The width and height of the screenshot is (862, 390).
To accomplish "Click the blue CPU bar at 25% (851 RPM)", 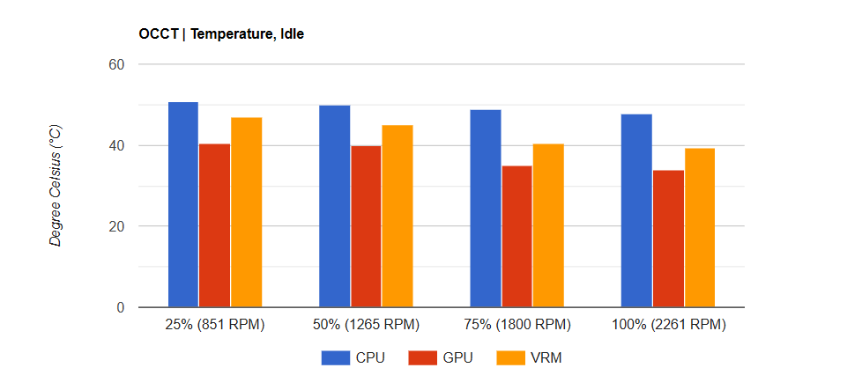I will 183,204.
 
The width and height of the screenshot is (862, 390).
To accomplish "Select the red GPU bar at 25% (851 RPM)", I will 215,225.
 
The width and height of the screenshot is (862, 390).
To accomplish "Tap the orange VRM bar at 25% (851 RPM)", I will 246,212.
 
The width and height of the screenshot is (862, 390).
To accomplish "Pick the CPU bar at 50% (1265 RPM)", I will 334,206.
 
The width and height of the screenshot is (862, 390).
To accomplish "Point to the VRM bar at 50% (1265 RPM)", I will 398,216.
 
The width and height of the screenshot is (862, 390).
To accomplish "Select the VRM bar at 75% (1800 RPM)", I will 548,225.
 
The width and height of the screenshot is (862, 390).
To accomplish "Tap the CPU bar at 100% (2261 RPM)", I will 636,210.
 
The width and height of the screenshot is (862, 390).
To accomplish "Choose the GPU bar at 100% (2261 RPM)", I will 668,239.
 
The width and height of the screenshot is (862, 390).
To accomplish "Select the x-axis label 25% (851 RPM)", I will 215,325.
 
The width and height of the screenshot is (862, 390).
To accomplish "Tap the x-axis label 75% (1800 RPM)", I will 516,325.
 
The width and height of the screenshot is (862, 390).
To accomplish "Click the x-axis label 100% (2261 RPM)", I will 668,325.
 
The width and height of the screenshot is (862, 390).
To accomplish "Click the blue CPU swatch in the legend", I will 335,357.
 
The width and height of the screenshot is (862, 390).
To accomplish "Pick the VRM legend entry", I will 528,357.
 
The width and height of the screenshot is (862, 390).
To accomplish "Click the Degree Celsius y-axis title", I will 56,185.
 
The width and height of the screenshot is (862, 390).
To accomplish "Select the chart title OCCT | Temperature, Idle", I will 221,35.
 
